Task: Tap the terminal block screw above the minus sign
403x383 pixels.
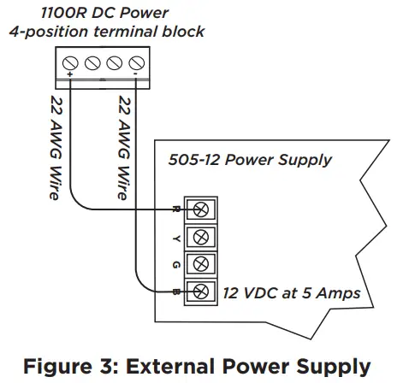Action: pos(135,62)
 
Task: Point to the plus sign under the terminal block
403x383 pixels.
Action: pos(69,77)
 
